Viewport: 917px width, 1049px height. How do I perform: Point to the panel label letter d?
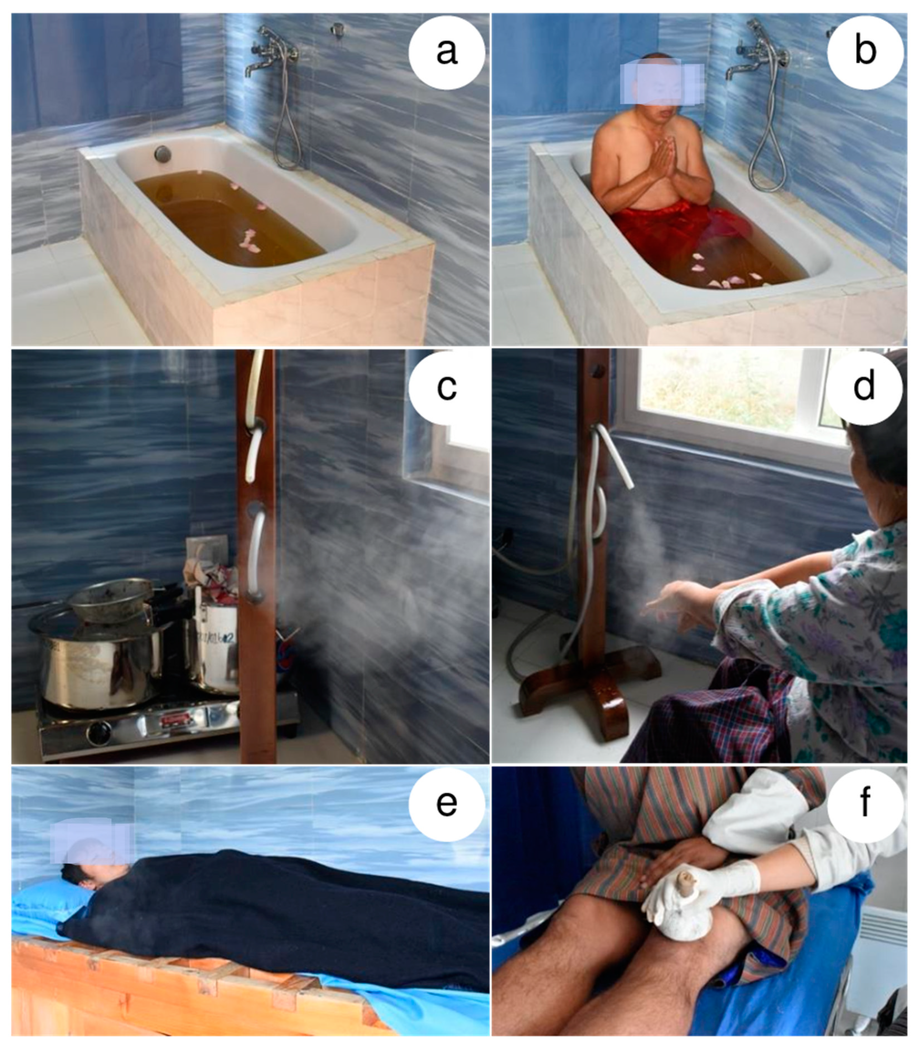(864, 386)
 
